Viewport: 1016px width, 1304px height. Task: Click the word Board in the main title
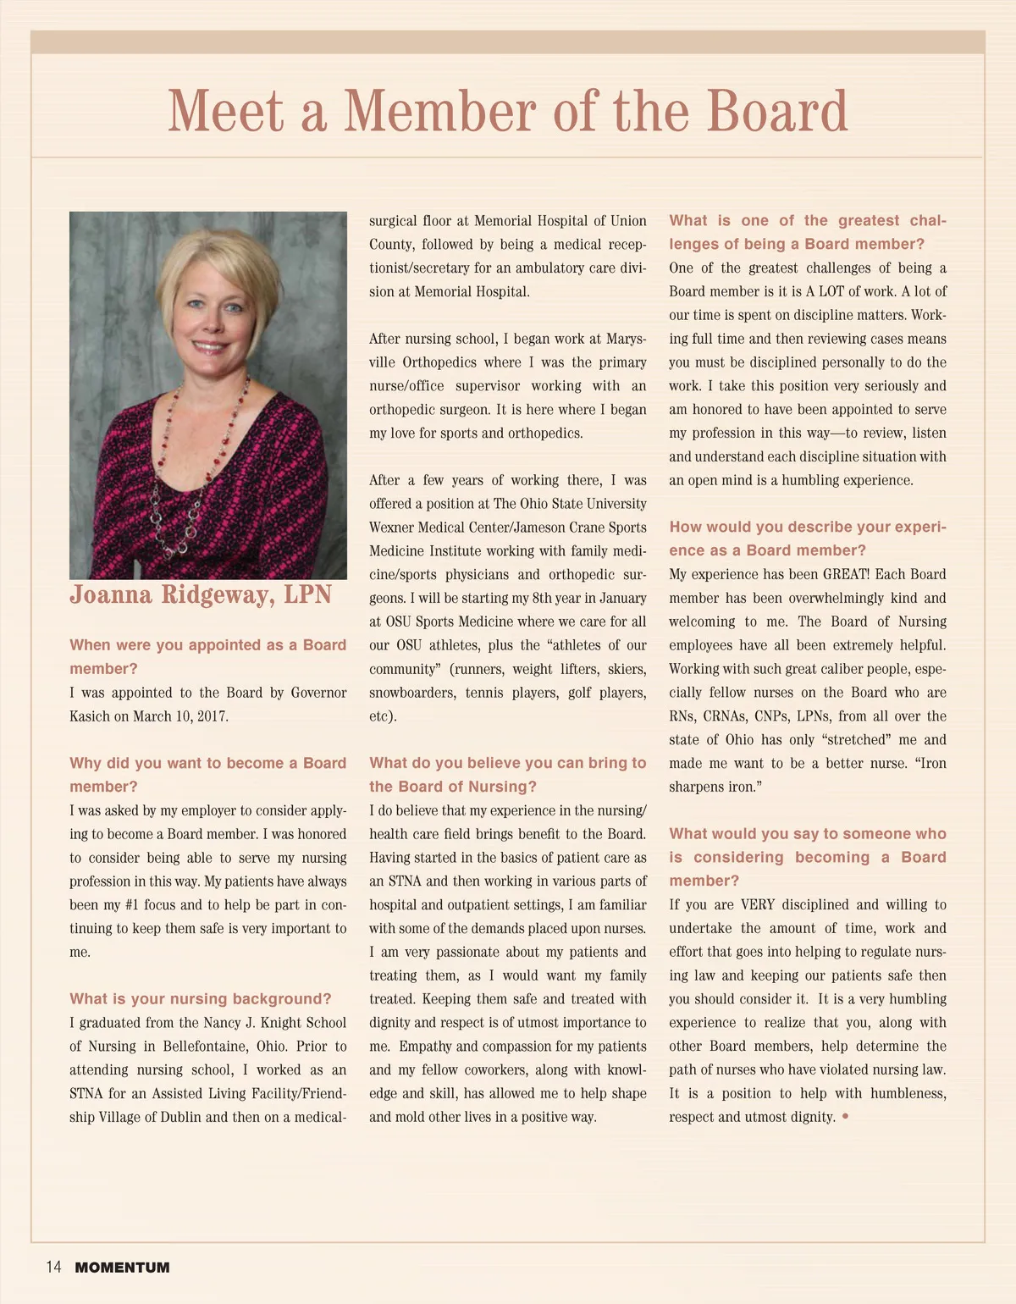(x=776, y=111)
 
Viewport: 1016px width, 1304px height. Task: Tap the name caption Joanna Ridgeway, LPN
(x=201, y=594)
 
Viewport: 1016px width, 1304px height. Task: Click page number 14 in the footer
(x=53, y=1267)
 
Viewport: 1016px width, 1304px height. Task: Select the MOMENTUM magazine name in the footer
(x=122, y=1268)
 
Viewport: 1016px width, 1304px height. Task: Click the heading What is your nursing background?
(x=201, y=999)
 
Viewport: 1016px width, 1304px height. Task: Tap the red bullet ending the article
(x=845, y=1117)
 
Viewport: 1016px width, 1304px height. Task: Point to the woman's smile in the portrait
(x=209, y=345)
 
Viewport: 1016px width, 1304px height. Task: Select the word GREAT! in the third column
(x=846, y=574)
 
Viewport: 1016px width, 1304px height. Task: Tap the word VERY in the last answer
(x=758, y=904)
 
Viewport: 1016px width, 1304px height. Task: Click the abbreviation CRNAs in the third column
(x=728, y=716)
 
